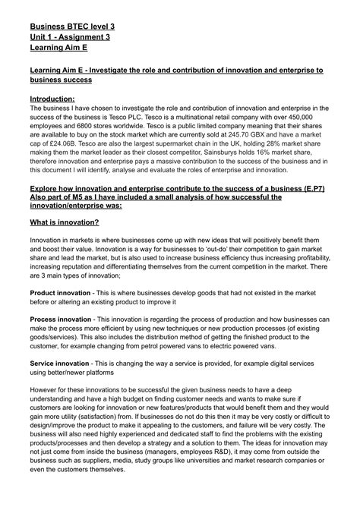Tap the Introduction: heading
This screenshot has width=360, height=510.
pyautogui.click(x=52, y=99)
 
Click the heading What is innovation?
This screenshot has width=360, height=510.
pyautogui.click(x=65, y=222)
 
